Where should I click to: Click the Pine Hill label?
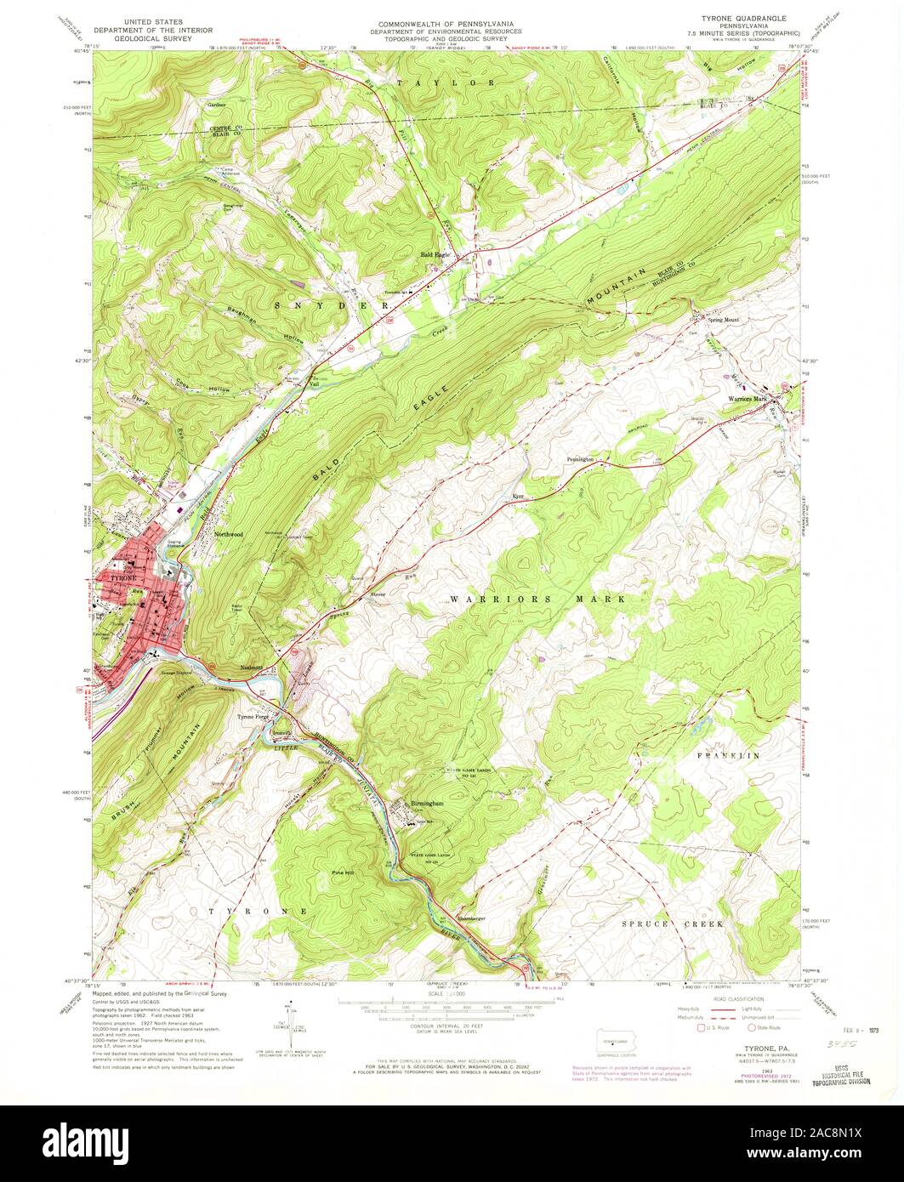344,872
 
